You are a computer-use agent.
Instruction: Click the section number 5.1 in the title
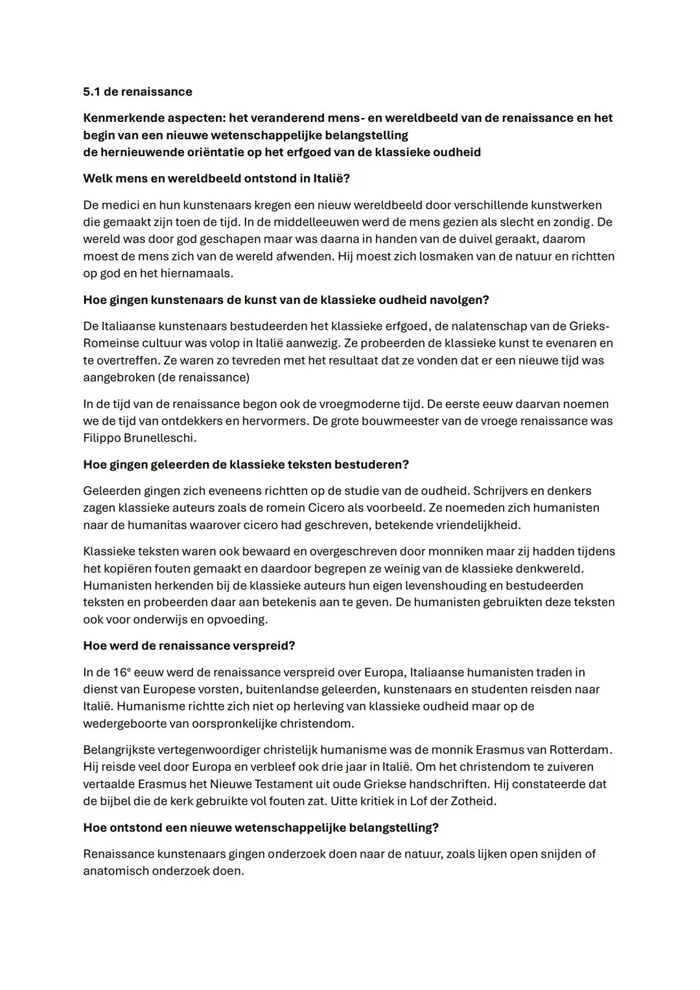coord(91,91)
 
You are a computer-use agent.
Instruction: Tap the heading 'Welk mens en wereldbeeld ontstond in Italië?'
coord(216,178)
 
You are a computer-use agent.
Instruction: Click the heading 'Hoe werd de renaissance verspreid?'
coord(189,646)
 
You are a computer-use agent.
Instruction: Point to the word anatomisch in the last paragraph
coord(115,871)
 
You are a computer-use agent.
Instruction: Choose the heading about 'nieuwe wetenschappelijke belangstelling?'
coord(261,827)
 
